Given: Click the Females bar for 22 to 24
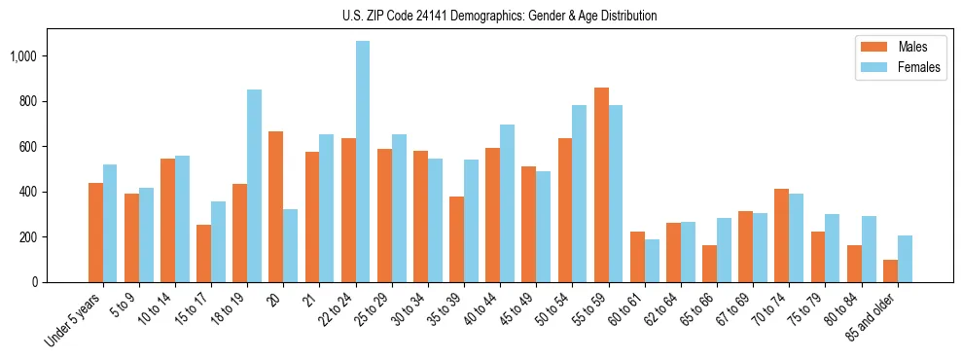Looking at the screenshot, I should [x=363, y=162].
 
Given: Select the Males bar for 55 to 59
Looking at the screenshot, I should [x=601, y=185].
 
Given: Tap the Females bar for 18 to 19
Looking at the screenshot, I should [x=254, y=186].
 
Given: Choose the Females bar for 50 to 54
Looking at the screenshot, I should [x=580, y=194].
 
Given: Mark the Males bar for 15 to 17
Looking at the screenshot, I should [x=203, y=253].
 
